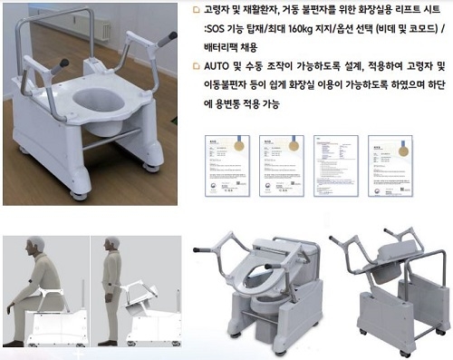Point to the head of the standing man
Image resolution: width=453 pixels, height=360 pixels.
pos(111,247)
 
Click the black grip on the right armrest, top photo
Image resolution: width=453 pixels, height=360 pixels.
pos(167,39)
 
